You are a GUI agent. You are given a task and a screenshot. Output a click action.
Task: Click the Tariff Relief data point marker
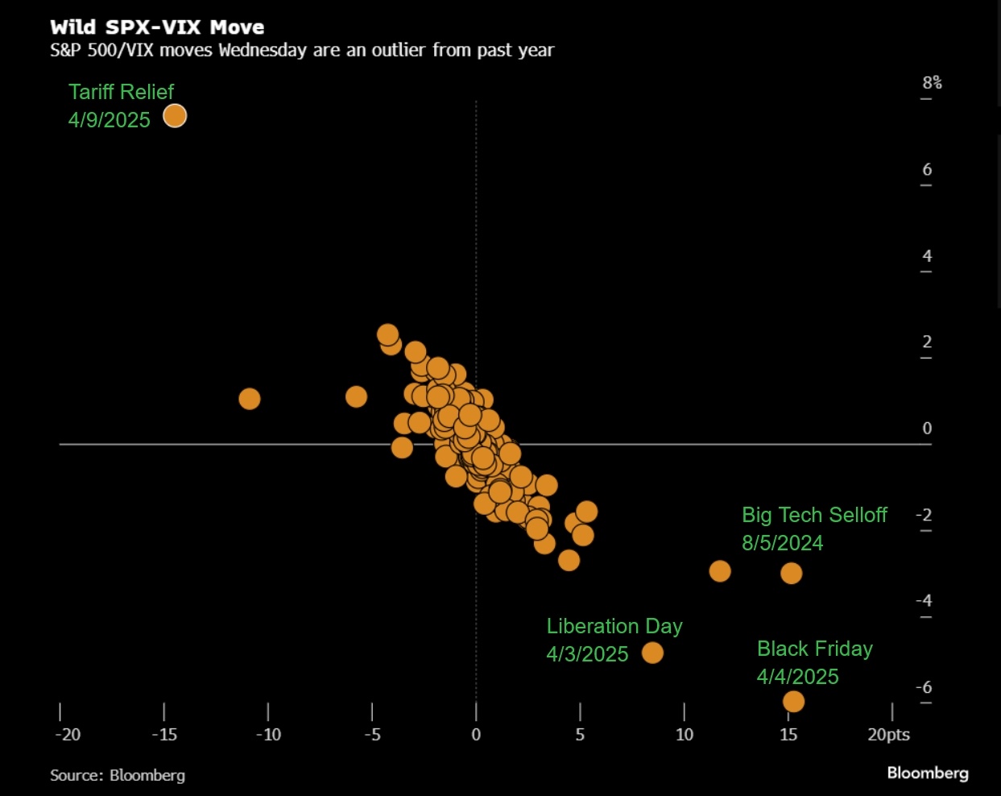coord(175,116)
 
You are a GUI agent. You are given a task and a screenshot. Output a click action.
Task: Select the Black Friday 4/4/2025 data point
coord(793,702)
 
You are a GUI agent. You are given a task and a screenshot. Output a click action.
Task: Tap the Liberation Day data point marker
coord(652,653)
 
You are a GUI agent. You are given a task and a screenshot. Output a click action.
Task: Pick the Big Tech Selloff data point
coord(791,573)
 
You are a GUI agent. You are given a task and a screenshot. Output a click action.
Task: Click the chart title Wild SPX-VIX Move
coord(157,27)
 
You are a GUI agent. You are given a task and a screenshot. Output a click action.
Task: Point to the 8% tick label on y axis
coord(932,82)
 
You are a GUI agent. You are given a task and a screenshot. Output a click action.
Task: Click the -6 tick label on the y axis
coord(924,687)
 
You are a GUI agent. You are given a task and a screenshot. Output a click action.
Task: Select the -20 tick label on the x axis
coord(68,735)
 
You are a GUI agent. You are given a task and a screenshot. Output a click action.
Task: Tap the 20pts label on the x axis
coord(888,735)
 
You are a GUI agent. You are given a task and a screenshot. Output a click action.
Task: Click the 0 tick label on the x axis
coord(476,735)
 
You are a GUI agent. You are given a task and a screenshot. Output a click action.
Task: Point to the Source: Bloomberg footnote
coord(118,775)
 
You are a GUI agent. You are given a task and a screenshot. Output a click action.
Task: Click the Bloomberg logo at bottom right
coord(928,773)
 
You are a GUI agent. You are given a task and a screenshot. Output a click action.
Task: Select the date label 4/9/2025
coord(110,120)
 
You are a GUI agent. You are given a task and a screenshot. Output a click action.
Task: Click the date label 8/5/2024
coord(782,543)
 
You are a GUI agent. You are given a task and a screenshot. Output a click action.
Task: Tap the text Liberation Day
coord(614,626)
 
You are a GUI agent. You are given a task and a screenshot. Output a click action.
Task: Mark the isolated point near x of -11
coord(250,399)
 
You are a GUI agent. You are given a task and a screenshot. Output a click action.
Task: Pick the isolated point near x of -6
coord(356,396)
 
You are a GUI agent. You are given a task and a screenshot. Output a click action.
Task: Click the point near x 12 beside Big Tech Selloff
coord(720,571)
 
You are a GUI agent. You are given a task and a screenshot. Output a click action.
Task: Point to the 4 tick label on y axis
coord(927,256)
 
